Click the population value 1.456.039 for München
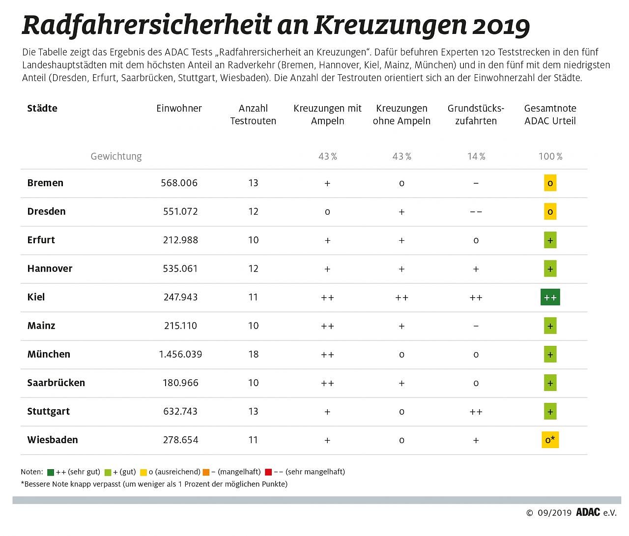pyautogui.click(x=180, y=354)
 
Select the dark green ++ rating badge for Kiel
pyautogui.click(x=550, y=297)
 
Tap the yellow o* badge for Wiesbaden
pyautogui.click(x=550, y=440)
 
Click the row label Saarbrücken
pyautogui.click(x=56, y=383)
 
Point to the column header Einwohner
pyautogui.click(x=179, y=109)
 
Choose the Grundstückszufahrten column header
pyautogui.click(x=476, y=114)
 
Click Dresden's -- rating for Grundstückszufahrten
pyautogui.click(x=476, y=212)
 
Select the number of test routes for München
pyautogui.click(x=253, y=354)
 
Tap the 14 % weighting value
pyautogui.click(x=476, y=156)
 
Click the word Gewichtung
pyautogui.click(x=116, y=156)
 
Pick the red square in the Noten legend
pyautogui.click(x=268, y=472)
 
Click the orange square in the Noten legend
pyautogui.click(x=206, y=472)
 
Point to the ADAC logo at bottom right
pyautogui.click(x=588, y=512)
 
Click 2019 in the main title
pyautogui.click(x=501, y=26)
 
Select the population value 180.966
pyautogui.click(x=180, y=383)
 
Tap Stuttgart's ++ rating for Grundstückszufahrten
pyautogui.click(x=476, y=412)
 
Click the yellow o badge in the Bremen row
pyautogui.click(x=550, y=183)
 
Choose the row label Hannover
pyautogui.click(x=50, y=269)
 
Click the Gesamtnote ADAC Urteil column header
pyautogui.click(x=550, y=114)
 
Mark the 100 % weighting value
pyautogui.click(x=550, y=156)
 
